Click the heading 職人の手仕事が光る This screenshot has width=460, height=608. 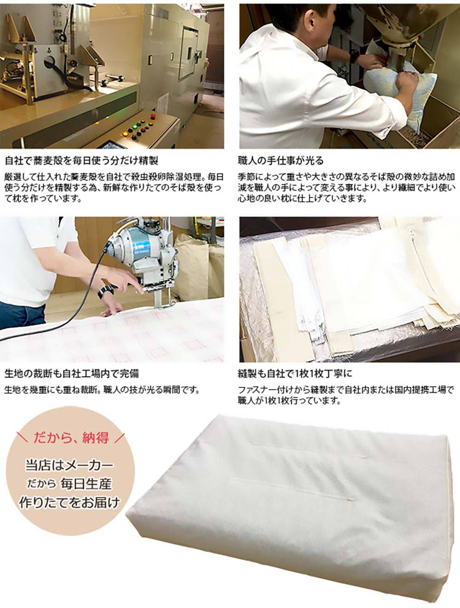point(281,160)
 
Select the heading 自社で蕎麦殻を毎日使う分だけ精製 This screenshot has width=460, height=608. point(81,160)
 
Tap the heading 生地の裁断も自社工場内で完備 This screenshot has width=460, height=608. point(72,374)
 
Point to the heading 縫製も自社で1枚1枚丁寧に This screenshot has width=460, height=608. point(295,374)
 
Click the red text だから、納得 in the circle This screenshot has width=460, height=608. point(71,438)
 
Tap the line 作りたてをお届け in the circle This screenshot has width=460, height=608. point(69,503)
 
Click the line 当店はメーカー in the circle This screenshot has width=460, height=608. point(69,465)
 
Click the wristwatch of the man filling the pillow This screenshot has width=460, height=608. point(353,56)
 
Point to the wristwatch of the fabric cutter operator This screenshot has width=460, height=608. point(105,292)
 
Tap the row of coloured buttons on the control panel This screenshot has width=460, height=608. point(138,126)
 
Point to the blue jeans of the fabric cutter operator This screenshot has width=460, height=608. point(23,316)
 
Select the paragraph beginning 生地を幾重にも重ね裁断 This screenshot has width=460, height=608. point(102,390)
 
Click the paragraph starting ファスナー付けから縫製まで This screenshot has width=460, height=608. point(346,395)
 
